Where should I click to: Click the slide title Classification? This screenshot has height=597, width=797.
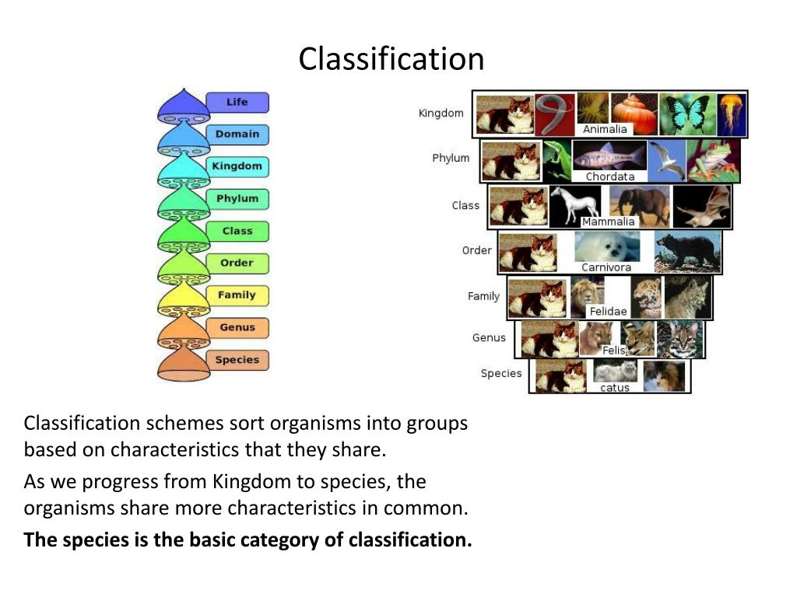(391, 59)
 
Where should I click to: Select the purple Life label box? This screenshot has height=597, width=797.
(237, 103)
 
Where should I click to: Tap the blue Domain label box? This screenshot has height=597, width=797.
(237, 134)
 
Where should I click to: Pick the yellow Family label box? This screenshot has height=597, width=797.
(237, 295)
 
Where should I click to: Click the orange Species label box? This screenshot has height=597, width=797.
(237, 360)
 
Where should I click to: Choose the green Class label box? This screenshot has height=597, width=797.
(237, 231)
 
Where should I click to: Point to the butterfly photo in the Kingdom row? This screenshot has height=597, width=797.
(685, 114)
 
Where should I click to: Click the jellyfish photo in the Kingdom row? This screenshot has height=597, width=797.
(732, 114)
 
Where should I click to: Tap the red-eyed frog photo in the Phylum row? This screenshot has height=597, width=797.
(714, 161)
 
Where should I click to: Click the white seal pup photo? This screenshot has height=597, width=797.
(607, 247)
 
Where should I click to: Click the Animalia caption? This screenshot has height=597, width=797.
(605, 129)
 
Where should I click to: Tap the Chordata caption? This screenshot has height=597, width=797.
(610, 176)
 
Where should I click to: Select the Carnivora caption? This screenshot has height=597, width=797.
(606, 267)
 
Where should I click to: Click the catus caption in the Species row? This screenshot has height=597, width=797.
(615, 387)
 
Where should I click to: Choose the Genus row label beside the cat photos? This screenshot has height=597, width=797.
(489, 337)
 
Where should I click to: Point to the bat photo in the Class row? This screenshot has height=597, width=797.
(702, 207)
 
